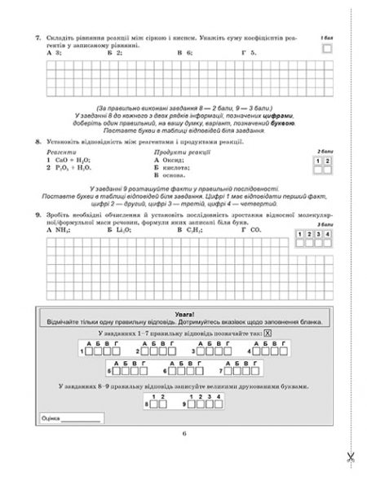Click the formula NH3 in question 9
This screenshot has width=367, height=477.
pos(59,231)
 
